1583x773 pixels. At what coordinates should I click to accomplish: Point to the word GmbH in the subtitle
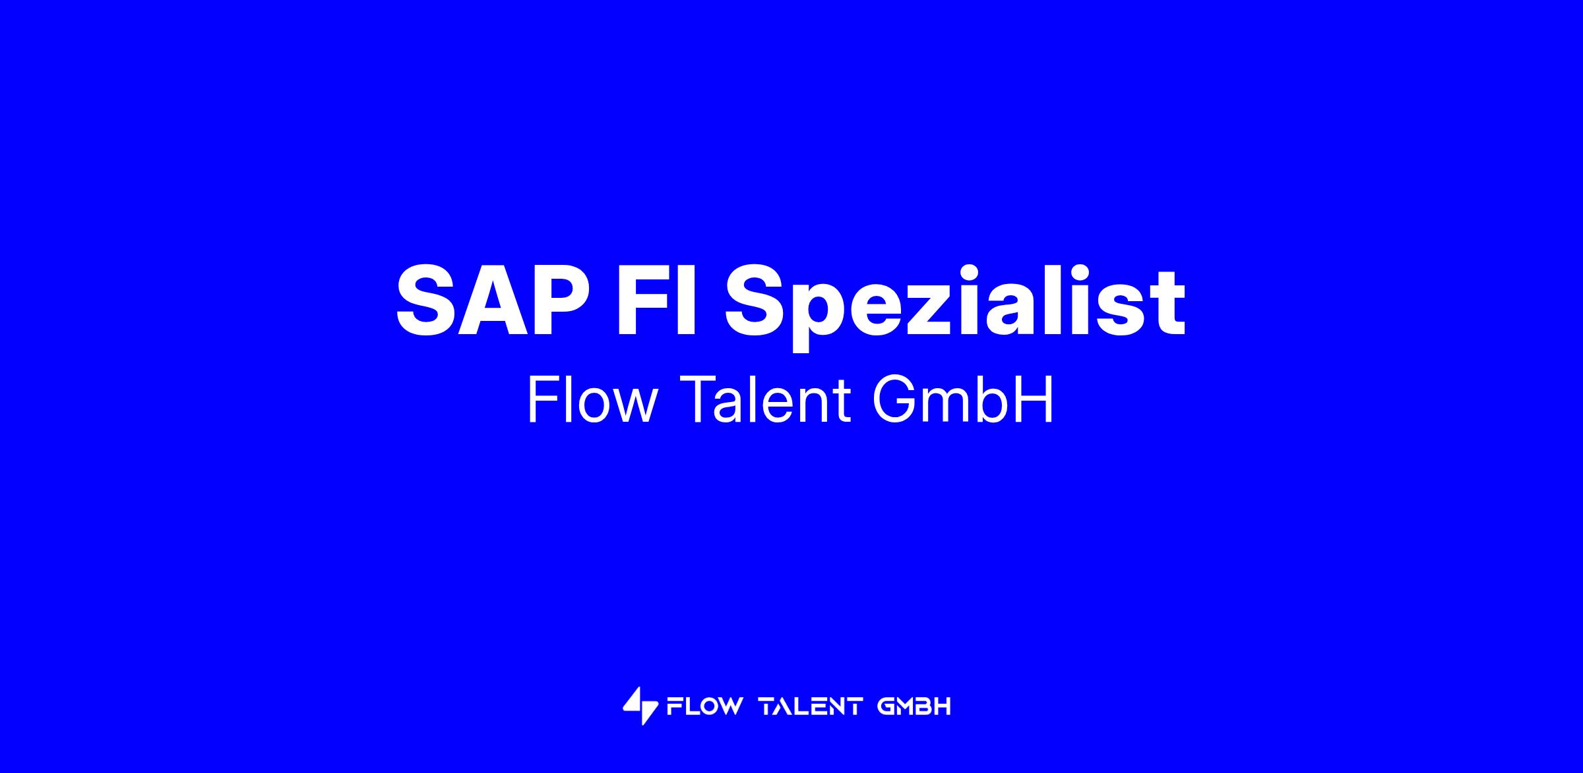pyautogui.click(x=964, y=400)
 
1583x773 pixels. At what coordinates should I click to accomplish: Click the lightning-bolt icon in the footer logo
pyautogui.click(x=640, y=707)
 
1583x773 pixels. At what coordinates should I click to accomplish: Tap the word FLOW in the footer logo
pyautogui.click(x=704, y=707)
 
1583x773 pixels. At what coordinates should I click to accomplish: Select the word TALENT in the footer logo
pyautogui.click(x=811, y=707)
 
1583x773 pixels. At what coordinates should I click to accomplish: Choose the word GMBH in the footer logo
pyautogui.click(x=914, y=707)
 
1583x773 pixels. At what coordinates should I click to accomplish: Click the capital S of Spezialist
pyautogui.click(x=756, y=300)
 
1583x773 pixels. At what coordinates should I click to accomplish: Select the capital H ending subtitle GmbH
pyautogui.click(x=1036, y=400)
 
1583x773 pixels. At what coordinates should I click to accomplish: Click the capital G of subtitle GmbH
pyautogui.click(x=894, y=400)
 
